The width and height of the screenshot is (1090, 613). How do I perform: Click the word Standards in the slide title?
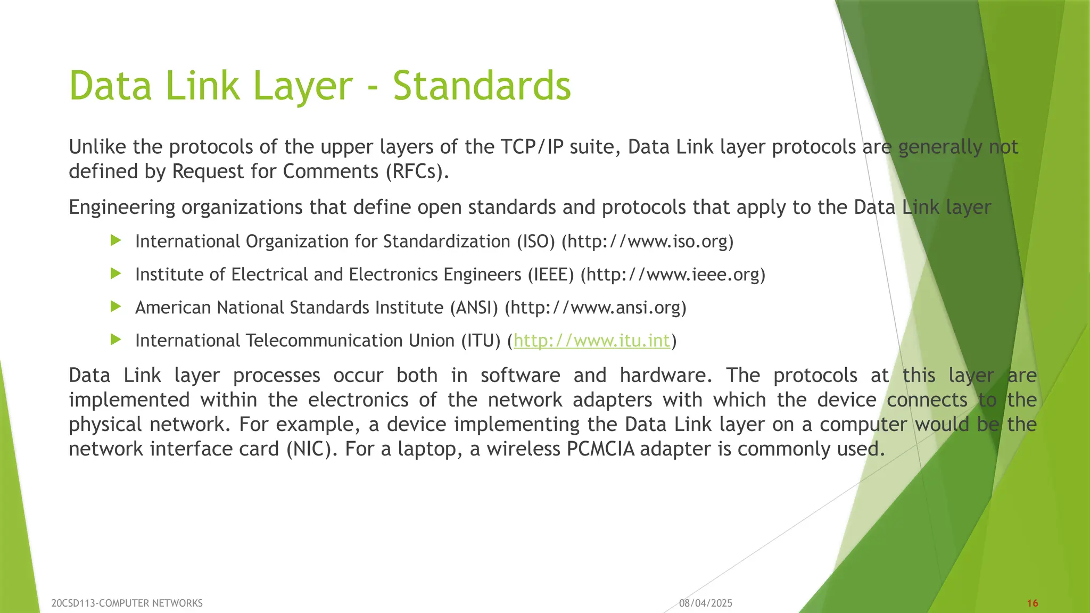click(x=482, y=86)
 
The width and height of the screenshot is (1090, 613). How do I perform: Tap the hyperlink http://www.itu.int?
click(x=591, y=341)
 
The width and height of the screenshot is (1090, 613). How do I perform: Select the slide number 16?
click(x=1033, y=603)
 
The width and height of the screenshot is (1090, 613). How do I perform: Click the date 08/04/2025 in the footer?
click(x=706, y=603)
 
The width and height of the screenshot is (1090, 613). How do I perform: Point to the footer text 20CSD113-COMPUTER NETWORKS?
click(x=127, y=603)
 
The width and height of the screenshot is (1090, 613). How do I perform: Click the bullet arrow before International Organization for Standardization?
click(x=115, y=241)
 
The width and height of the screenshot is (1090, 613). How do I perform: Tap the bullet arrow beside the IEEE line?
click(x=115, y=274)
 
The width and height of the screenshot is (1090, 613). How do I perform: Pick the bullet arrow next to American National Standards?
click(x=115, y=307)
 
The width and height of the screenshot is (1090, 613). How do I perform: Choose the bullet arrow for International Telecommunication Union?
click(x=115, y=340)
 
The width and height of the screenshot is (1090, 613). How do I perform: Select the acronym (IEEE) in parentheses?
click(x=551, y=275)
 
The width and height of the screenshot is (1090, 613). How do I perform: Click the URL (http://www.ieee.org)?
click(x=673, y=275)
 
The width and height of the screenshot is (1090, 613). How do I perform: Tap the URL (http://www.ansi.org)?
click(x=596, y=308)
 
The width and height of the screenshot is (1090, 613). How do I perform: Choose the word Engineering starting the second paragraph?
click(x=122, y=207)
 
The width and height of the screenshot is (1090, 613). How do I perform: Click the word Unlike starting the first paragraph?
click(x=97, y=147)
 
